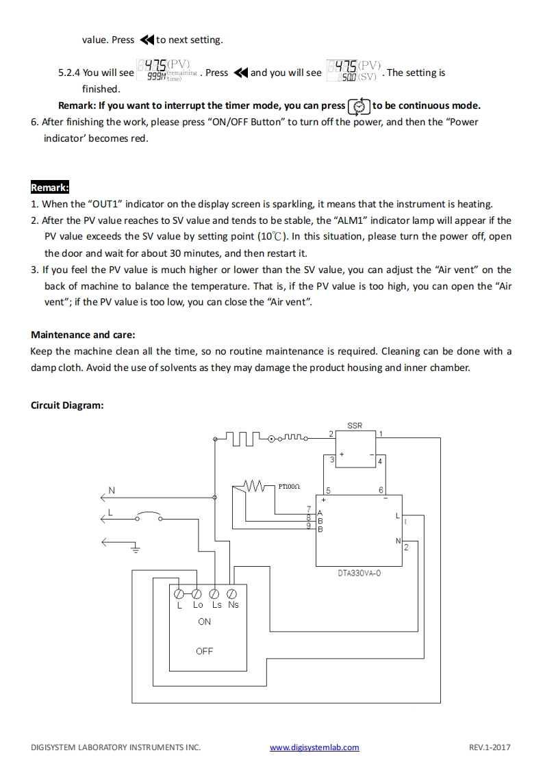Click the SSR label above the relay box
pos(355,426)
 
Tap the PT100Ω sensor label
pos(288,486)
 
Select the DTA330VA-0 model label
pos(359,573)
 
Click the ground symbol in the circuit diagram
pos(136,547)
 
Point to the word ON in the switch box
pos(204,622)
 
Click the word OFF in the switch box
pos(204,651)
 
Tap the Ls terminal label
pos(216,604)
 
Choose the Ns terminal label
pos(233,604)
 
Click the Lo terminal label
pos(198,604)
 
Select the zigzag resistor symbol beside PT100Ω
pos(255,486)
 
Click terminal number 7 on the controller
pos(309,509)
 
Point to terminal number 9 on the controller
pos(309,525)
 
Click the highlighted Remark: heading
pos(50,188)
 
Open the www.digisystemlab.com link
pos(314,747)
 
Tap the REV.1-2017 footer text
pos(490,747)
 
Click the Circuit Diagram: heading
pos(67,405)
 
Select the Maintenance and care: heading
pos(83,335)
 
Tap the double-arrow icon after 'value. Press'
pos(147,40)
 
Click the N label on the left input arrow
pos(112,491)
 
